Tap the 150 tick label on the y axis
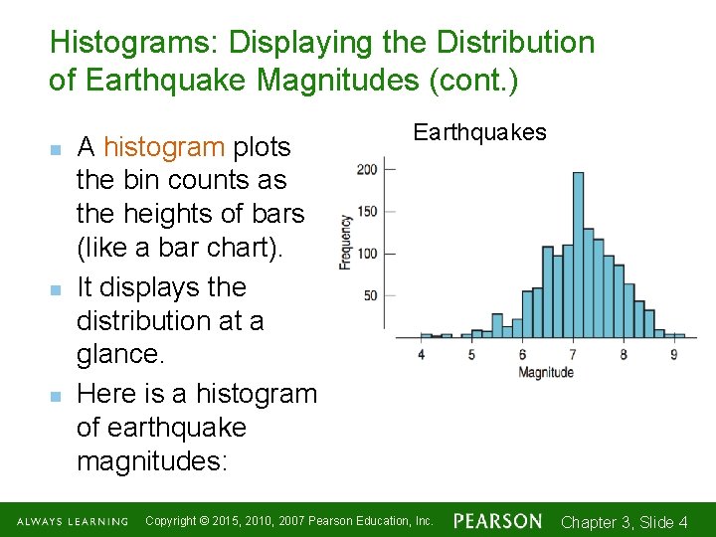367,211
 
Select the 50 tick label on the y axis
370,295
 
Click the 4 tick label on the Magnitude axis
422,354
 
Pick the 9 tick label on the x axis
674,354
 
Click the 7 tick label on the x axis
573,354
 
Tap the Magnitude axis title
546,372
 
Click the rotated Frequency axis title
346,241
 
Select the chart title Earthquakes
479,132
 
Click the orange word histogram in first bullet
163,147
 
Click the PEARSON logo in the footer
497,521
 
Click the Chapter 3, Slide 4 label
625,522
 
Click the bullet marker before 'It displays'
56,289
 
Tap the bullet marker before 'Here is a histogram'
56,396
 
